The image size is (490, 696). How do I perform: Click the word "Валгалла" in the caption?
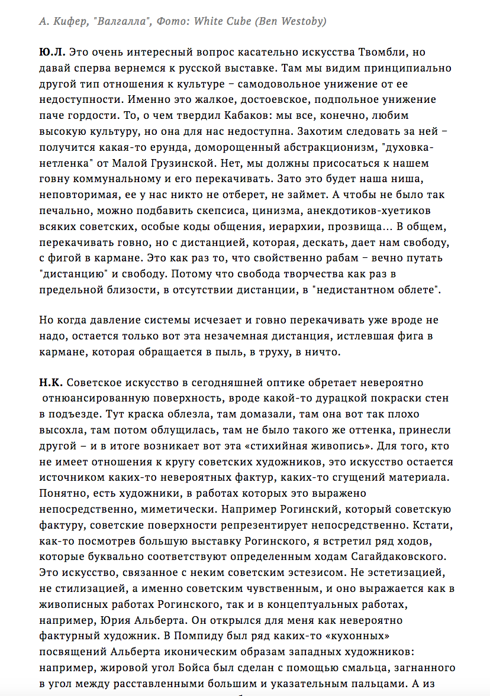coord(111,22)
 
